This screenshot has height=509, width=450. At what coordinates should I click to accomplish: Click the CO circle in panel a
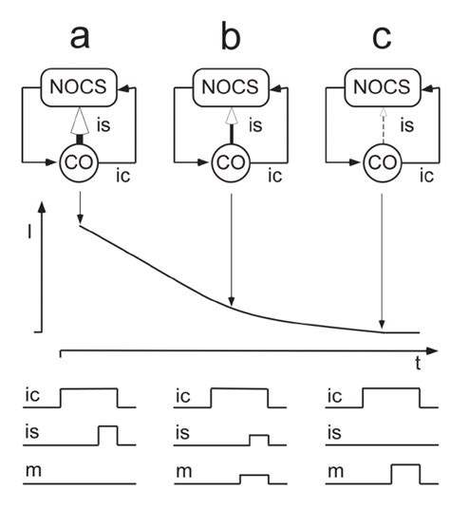pos(80,162)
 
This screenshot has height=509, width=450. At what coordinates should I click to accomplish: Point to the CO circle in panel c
pos(381,162)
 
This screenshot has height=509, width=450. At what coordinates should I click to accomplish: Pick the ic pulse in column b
pos(238,397)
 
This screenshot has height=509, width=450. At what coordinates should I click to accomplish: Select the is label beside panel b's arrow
pos(254,123)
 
